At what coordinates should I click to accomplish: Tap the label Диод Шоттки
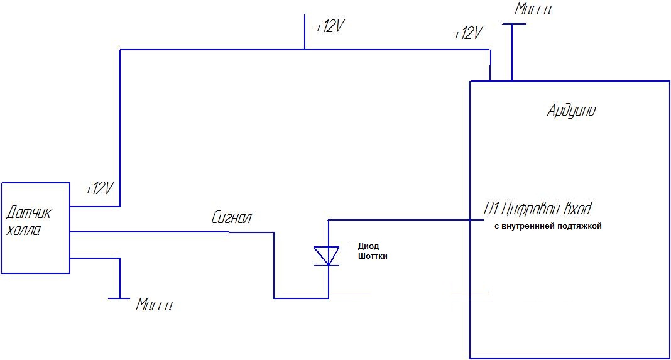point(373,251)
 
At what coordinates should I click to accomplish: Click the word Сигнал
point(231,218)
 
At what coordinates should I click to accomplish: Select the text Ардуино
point(571,111)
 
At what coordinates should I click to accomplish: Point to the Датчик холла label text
point(29,221)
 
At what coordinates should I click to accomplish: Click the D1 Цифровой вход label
point(537,209)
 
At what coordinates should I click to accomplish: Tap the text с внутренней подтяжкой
point(548,226)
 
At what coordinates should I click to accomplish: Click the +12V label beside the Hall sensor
point(100,188)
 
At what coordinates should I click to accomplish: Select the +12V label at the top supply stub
point(329,27)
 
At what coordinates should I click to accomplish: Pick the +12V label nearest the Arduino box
point(468,33)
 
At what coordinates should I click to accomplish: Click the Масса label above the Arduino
point(533,9)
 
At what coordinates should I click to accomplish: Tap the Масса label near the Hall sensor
point(155,305)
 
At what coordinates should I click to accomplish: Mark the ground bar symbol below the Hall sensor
point(119,298)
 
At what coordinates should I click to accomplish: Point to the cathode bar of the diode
point(327,265)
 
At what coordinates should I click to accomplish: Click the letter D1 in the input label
point(490,209)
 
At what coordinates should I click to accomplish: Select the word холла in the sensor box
point(24,231)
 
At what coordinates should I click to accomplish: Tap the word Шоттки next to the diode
point(373,256)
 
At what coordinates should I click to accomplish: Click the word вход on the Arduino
point(578,209)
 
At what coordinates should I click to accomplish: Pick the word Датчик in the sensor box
point(29,213)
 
